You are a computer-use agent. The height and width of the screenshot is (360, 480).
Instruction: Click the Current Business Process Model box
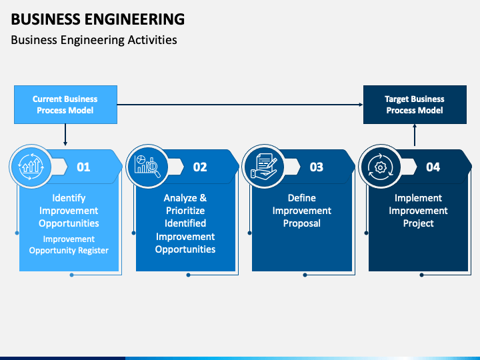[x=65, y=105]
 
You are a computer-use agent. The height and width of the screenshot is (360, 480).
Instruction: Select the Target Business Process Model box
[x=415, y=105]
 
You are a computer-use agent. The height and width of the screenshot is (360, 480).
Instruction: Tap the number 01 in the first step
[x=83, y=167]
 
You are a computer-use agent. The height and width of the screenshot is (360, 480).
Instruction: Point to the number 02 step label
[x=200, y=167]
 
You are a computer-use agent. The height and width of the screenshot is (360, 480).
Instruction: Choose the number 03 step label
[x=317, y=167]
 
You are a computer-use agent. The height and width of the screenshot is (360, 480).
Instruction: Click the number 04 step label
[x=433, y=167]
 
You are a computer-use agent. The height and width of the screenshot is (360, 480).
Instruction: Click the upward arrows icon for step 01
[x=31, y=167]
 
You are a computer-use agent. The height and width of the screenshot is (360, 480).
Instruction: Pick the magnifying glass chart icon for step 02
[x=147, y=166]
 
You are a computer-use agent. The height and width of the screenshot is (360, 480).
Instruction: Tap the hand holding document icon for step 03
[x=264, y=166]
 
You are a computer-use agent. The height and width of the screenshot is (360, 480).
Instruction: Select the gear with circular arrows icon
[x=380, y=167]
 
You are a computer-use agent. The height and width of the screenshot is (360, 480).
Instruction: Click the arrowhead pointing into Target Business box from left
[x=361, y=105]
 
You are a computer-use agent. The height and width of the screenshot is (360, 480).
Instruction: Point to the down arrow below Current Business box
[x=65, y=135]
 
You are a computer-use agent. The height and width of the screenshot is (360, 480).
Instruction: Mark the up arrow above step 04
[x=415, y=135]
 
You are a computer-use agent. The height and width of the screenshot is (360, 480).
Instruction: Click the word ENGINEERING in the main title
[x=135, y=19]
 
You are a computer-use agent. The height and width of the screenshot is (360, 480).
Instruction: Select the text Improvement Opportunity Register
[x=69, y=245]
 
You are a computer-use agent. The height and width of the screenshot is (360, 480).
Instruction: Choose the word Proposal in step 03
[x=302, y=223]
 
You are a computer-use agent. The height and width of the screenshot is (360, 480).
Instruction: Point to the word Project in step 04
[x=419, y=223]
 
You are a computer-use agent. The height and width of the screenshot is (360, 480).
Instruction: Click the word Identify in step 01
[x=69, y=198]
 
